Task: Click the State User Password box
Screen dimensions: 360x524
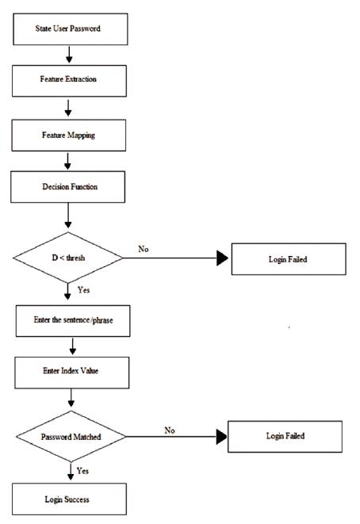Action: pyautogui.click(x=71, y=29)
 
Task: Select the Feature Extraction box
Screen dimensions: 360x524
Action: pyautogui.click(x=69, y=81)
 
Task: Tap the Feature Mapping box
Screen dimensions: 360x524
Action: pyautogui.click(x=68, y=135)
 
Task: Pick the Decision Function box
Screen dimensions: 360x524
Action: pyautogui.click(x=68, y=187)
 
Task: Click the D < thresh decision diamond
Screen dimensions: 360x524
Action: pyautogui.click(x=68, y=258)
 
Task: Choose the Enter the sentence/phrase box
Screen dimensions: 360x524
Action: pyautogui.click(x=73, y=321)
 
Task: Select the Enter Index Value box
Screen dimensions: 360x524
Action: pyautogui.click(x=72, y=373)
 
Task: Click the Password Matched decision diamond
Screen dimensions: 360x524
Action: pyautogui.click(x=71, y=437)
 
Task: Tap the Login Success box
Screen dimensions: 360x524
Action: pyautogui.click(x=69, y=499)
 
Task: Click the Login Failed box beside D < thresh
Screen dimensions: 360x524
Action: pyautogui.click(x=289, y=259)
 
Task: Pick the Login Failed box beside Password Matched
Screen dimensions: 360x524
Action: pyautogui.click(x=285, y=437)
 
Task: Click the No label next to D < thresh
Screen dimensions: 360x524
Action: pyautogui.click(x=144, y=249)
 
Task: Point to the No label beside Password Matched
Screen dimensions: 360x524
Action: pyautogui.click(x=170, y=430)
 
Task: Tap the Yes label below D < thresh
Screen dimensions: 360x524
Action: pyautogui.click(x=83, y=289)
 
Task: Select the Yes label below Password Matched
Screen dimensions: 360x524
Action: pyautogui.click(x=82, y=471)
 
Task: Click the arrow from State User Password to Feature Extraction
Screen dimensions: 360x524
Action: pyautogui.click(x=69, y=55)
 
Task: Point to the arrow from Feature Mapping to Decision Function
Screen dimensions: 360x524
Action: pyautogui.click(x=67, y=161)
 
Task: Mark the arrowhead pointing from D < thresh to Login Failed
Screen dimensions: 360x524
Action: pyautogui.click(x=222, y=258)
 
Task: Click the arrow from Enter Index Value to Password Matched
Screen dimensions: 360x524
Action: pyautogui.click(x=71, y=398)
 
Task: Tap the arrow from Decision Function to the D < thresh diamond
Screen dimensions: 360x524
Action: pyautogui.click(x=68, y=216)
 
